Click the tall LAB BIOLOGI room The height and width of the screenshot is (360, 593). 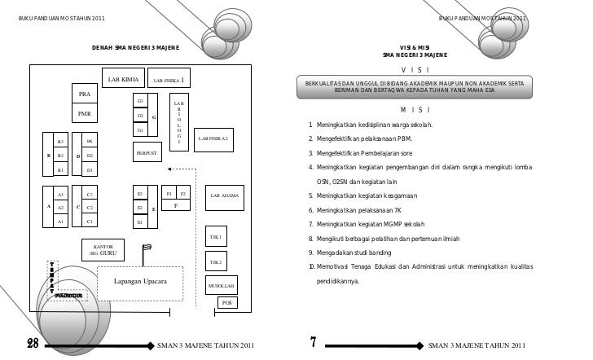tap(178, 122)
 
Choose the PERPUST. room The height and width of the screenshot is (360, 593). tap(147, 152)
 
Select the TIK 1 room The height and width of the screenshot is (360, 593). tap(217, 237)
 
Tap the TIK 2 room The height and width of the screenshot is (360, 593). tap(217, 262)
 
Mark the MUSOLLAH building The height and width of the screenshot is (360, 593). tap(222, 288)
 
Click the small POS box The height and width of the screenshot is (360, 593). tap(229, 303)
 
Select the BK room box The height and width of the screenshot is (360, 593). tap(90, 142)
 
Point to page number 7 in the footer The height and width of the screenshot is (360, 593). tap(313, 340)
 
